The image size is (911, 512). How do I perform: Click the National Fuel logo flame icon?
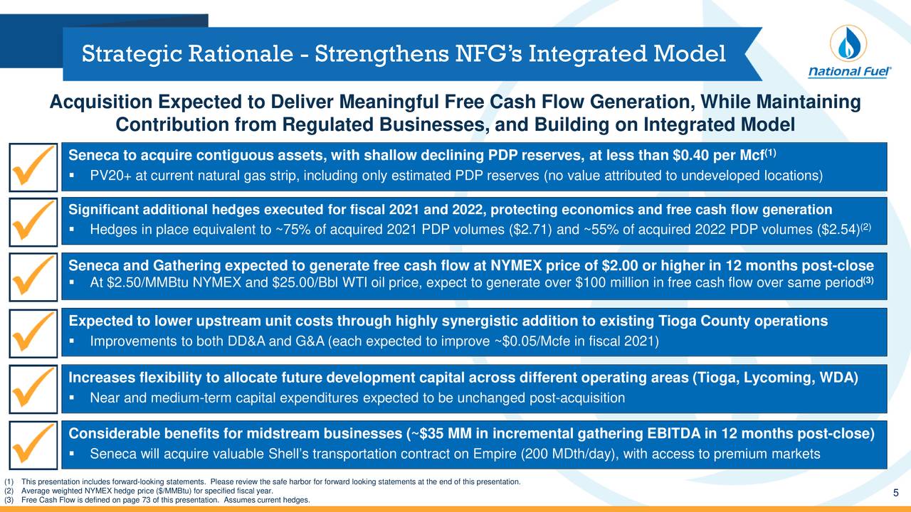(x=847, y=43)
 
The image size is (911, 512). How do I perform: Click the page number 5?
(x=895, y=494)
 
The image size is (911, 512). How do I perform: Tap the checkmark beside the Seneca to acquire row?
(x=33, y=166)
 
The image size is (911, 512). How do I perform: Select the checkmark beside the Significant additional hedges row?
(x=33, y=222)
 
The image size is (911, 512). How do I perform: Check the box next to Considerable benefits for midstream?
(x=33, y=444)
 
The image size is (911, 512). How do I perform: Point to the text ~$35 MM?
(x=438, y=434)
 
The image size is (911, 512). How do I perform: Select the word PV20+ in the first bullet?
(x=110, y=176)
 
